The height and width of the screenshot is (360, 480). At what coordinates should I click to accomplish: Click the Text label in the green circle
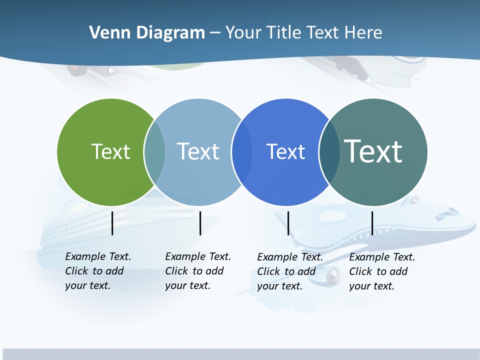(110, 151)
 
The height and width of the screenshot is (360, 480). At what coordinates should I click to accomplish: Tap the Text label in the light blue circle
(198, 151)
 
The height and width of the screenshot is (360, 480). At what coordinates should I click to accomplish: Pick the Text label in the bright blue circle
(285, 151)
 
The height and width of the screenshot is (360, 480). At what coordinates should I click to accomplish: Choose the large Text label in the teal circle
(373, 151)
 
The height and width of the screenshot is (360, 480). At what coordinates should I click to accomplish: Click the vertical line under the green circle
(112, 223)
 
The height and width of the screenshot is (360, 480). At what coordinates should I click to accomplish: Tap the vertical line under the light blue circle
(200, 223)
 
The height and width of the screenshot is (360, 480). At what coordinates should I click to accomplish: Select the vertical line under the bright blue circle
(288, 223)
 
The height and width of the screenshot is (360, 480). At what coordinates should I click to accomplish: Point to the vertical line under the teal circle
(372, 223)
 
